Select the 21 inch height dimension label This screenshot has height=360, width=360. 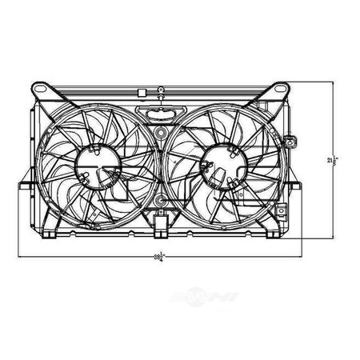[330, 161]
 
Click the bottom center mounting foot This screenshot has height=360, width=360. [160, 234]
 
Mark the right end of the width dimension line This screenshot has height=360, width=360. [303, 256]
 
